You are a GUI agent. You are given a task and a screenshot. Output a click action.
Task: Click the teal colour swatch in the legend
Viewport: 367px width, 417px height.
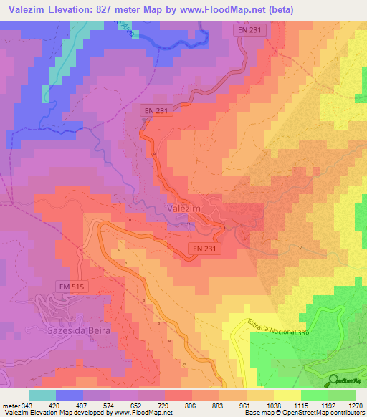coord(42,395)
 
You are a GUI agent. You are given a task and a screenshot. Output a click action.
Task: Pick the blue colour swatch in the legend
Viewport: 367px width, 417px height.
coord(70,395)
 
